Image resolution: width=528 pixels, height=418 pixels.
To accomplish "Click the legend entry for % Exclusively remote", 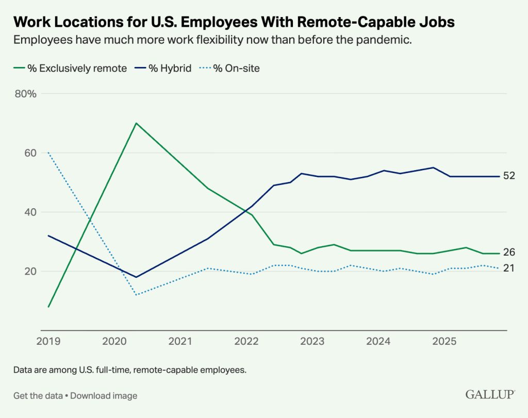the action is point(70,69).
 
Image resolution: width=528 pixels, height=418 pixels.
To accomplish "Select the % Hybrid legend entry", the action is point(163,69).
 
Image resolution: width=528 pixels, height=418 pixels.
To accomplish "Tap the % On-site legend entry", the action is point(229,69).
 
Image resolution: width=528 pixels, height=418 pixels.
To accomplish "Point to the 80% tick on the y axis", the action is point(26,94).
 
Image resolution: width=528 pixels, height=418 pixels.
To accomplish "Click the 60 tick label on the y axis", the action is point(30,153).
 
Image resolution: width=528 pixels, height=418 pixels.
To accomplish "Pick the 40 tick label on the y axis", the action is point(30,212).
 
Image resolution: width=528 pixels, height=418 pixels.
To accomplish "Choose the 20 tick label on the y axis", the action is point(30,271).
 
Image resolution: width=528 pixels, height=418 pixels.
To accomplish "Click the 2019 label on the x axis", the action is point(48,341).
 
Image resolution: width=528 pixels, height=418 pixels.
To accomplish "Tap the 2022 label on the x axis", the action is point(246,341).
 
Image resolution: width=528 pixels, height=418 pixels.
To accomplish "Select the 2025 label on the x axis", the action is point(444,341).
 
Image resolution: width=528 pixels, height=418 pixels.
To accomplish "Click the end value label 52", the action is point(509,176).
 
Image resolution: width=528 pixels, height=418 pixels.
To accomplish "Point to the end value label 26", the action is point(509,252).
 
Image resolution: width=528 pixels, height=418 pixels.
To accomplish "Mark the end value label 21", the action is point(509,268).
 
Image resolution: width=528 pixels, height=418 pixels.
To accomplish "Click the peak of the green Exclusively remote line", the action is point(136,123).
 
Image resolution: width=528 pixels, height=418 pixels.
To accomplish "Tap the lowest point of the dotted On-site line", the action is point(136,295).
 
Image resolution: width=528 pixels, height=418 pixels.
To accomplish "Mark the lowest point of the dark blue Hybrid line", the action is point(136,277).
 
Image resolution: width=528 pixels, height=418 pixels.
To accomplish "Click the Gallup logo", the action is point(490,394).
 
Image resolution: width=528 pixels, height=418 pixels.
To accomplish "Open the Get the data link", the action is point(38,396).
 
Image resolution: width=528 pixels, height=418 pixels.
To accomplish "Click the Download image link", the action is point(104,396).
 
